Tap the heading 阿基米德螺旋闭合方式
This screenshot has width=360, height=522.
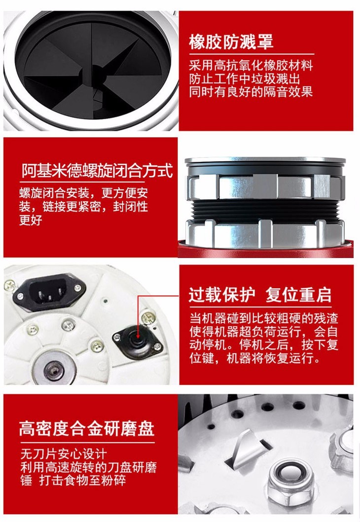click(97, 171)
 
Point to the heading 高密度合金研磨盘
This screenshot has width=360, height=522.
click(86, 428)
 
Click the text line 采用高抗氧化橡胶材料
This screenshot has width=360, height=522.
click(251, 65)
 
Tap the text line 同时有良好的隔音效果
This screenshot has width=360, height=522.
click(251, 92)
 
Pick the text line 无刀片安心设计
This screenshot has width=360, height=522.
click(63, 454)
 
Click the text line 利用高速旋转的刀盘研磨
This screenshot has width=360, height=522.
click(88, 467)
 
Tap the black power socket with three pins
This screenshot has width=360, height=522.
click(49, 292)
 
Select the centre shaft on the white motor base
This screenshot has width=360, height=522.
click(54, 369)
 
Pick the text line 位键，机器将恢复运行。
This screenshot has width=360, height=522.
click(254, 359)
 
